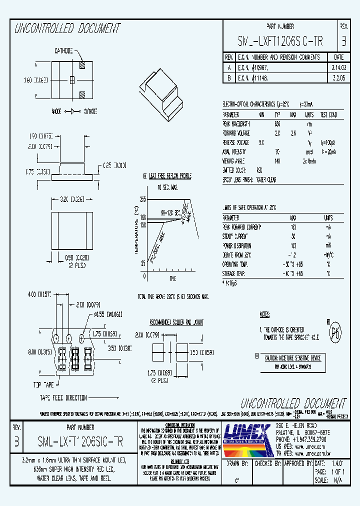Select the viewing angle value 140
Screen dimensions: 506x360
click(x=277, y=160)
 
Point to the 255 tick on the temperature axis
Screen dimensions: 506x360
click(x=142, y=199)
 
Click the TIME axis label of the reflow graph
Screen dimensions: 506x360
click(x=173, y=278)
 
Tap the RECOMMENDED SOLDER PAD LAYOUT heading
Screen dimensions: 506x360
click(x=176, y=322)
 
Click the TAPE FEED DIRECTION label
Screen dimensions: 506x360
click(x=63, y=398)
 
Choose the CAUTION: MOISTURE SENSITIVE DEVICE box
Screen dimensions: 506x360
click(x=292, y=358)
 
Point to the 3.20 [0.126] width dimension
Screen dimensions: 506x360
click(x=72, y=199)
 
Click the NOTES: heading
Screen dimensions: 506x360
click(x=265, y=314)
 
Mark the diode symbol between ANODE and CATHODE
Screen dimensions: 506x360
click(x=71, y=111)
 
